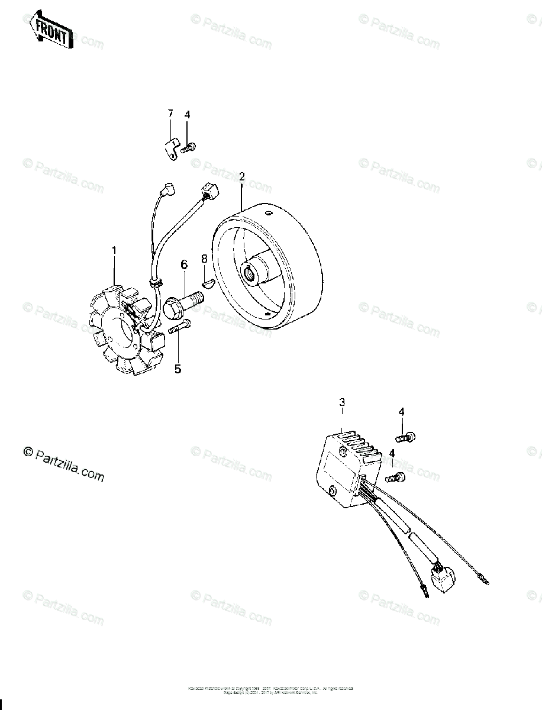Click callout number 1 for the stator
point(114,250)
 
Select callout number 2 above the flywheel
point(241,177)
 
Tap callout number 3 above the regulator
point(342,403)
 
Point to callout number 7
point(170,114)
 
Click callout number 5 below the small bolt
point(178,369)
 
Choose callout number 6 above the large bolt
point(184,264)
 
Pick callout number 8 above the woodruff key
point(204,258)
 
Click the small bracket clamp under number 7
point(172,148)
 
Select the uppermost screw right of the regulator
point(405,437)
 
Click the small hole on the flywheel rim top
point(267,212)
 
